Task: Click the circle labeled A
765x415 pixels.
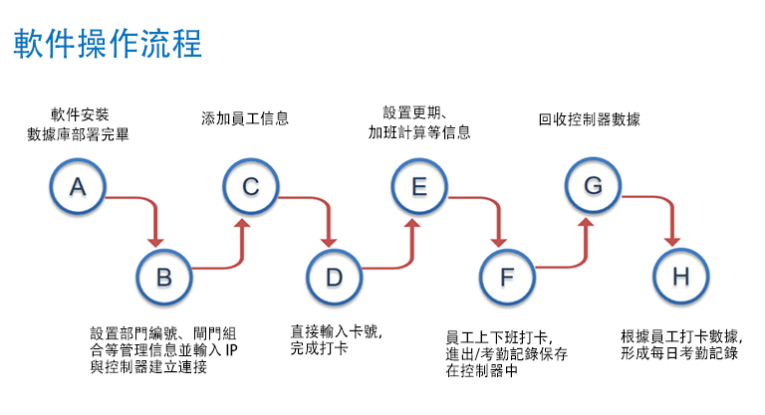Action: click(79, 187)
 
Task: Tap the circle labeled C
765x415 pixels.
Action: click(250, 187)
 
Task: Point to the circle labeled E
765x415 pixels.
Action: click(419, 187)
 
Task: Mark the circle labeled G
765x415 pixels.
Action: click(593, 187)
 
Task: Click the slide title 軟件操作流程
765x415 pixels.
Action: click(108, 45)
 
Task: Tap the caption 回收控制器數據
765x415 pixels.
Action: click(590, 118)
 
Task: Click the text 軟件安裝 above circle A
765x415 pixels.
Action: click(78, 112)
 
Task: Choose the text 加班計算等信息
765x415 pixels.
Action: click(419, 131)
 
